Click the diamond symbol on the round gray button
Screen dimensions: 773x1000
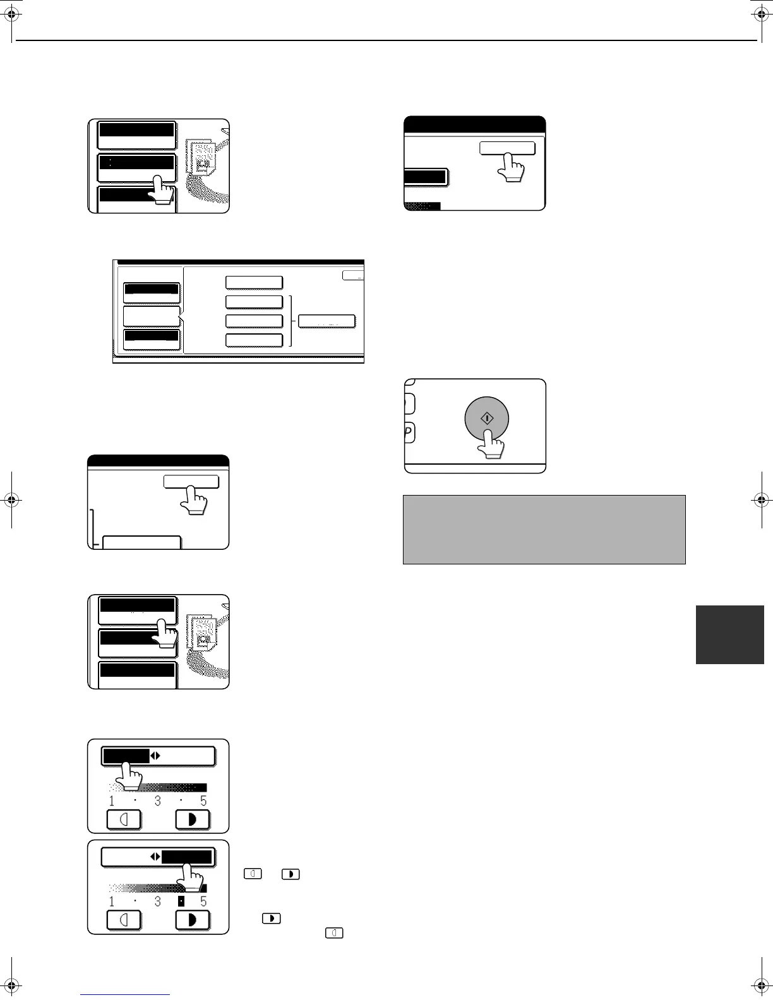coord(488,419)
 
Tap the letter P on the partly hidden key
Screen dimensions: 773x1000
coord(408,432)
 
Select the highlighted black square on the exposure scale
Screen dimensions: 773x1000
coord(181,901)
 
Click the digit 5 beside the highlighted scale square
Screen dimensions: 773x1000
coord(203,902)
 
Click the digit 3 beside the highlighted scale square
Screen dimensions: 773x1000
coord(157,902)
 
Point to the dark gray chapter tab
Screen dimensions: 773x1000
coord(729,634)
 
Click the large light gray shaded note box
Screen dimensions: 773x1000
coord(544,529)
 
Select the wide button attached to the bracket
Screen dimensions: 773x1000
coord(327,321)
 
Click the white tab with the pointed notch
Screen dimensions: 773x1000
coord(152,316)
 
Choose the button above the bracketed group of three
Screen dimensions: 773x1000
coord(254,282)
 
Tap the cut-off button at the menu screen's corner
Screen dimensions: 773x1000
coord(354,275)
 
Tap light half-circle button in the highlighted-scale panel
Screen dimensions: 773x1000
coord(124,920)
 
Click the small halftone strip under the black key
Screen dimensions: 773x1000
coord(422,205)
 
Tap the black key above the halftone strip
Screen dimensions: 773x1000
coord(426,177)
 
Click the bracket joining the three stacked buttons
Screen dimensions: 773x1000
coord(291,321)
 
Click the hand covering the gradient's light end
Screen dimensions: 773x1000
coord(131,777)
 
